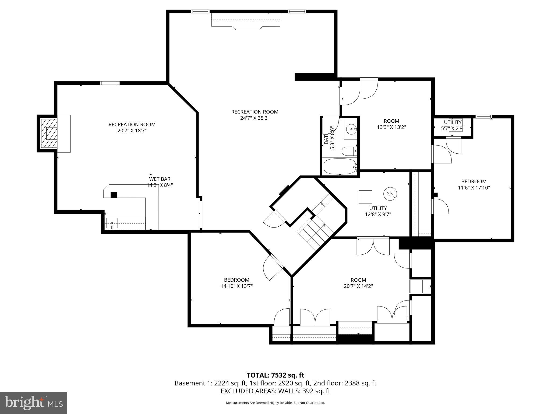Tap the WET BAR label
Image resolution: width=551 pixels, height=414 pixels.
pos(160,179)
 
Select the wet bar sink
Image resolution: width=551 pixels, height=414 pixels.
pos(112,223)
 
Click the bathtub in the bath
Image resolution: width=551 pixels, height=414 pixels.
pos(340,166)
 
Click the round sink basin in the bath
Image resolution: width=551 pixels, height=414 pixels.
pos(351,129)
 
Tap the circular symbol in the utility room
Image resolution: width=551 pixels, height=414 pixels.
pos(390,194)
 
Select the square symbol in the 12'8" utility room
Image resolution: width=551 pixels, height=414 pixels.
pos(365,197)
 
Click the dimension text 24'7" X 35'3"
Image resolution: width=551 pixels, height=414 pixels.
pos(255,118)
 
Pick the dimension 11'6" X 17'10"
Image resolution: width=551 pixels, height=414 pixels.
pos(474,188)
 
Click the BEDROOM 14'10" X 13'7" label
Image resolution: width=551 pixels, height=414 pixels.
pos(236,283)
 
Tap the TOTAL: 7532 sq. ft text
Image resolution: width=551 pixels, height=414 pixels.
pos(275,375)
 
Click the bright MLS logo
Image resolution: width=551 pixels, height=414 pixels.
pos(34,403)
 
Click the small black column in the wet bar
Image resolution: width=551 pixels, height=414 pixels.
pos(114,195)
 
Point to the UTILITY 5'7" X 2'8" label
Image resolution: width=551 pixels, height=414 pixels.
pos(453,125)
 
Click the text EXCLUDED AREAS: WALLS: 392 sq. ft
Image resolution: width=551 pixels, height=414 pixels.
pos(275,391)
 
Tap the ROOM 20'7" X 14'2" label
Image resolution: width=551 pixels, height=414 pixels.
pos(358,283)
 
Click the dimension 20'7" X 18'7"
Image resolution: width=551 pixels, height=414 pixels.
pos(132,131)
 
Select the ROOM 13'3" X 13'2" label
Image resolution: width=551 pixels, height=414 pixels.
pos(391,124)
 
